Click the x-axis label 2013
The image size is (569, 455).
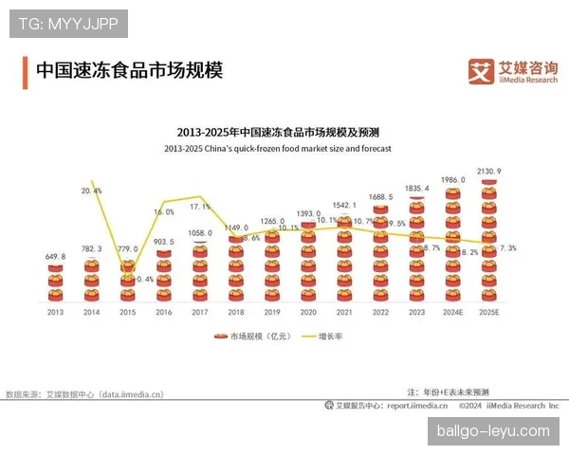tap(56, 311)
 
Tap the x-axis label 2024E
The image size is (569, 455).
tap(453, 311)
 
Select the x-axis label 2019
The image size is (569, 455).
tap(271, 311)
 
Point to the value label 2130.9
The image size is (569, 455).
tap(489, 171)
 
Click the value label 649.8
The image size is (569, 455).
tap(56, 257)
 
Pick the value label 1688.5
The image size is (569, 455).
tap(381, 196)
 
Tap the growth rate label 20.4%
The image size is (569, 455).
tap(92, 191)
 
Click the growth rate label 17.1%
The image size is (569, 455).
tap(200, 206)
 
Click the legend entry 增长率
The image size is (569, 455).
tap(324, 336)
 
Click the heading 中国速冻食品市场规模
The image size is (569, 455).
tap(128, 71)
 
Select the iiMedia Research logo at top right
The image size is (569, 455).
tap(514, 71)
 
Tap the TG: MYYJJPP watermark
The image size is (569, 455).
tap(67, 23)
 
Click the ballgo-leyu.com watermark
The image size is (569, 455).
tap(492, 431)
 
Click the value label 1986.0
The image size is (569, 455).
tap(453, 179)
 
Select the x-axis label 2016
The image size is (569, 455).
tap(164, 311)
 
